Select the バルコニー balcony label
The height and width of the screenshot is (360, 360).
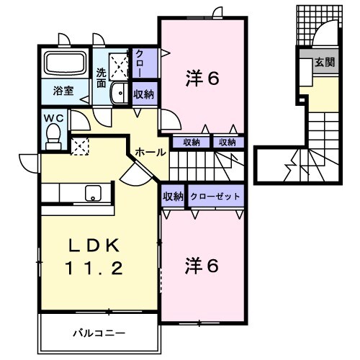point(99,333)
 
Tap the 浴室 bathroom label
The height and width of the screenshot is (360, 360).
point(63,91)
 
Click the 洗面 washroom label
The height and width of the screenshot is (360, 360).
point(103,76)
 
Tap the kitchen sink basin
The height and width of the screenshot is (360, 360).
point(92,193)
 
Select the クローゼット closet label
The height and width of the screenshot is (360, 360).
point(216,197)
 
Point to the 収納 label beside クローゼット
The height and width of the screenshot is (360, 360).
point(173,197)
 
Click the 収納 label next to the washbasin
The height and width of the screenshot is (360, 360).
point(143,94)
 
